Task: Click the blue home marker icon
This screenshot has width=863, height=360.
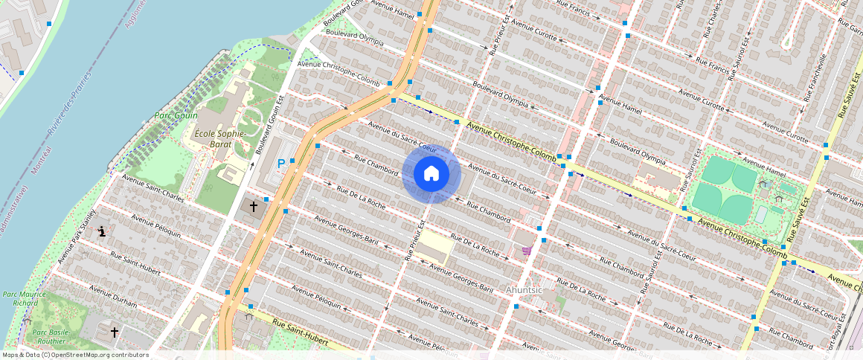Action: click(x=431, y=174)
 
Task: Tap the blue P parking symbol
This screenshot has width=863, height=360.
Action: click(x=281, y=164)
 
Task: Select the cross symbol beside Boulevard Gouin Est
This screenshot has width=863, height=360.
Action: click(x=253, y=206)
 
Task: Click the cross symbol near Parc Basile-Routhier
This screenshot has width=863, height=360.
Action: click(x=115, y=332)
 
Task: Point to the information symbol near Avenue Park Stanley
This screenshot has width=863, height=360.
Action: click(x=102, y=231)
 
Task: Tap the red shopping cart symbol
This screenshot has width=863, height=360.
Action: click(x=527, y=251)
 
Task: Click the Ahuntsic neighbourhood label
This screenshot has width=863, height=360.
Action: click(x=525, y=289)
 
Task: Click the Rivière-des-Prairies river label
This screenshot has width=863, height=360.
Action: click(x=68, y=104)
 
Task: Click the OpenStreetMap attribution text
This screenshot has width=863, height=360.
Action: click(x=76, y=355)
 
